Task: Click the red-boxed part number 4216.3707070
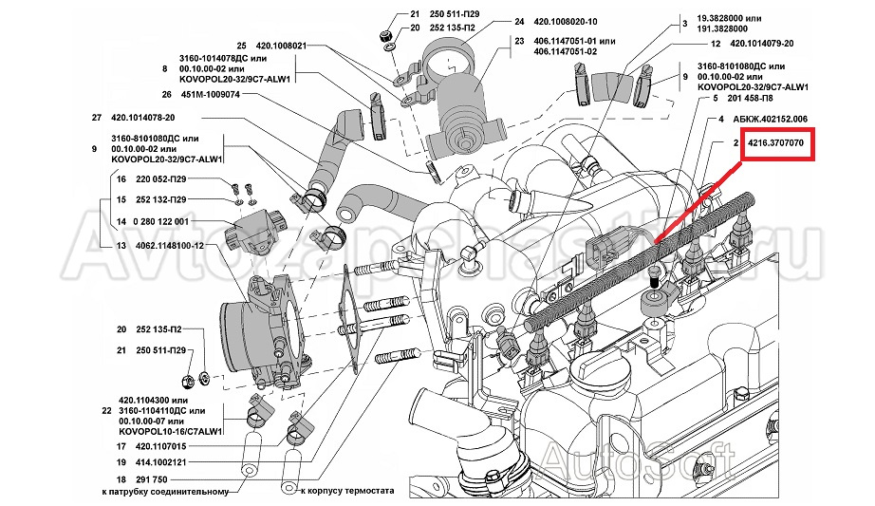[776, 143]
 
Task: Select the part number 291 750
[152, 479]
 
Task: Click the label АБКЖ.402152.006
[771, 119]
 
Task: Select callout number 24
[519, 21]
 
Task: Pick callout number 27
[95, 118]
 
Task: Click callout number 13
[121, 244]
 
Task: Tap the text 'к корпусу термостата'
[346, 493]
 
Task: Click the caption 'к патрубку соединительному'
[166, 493]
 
